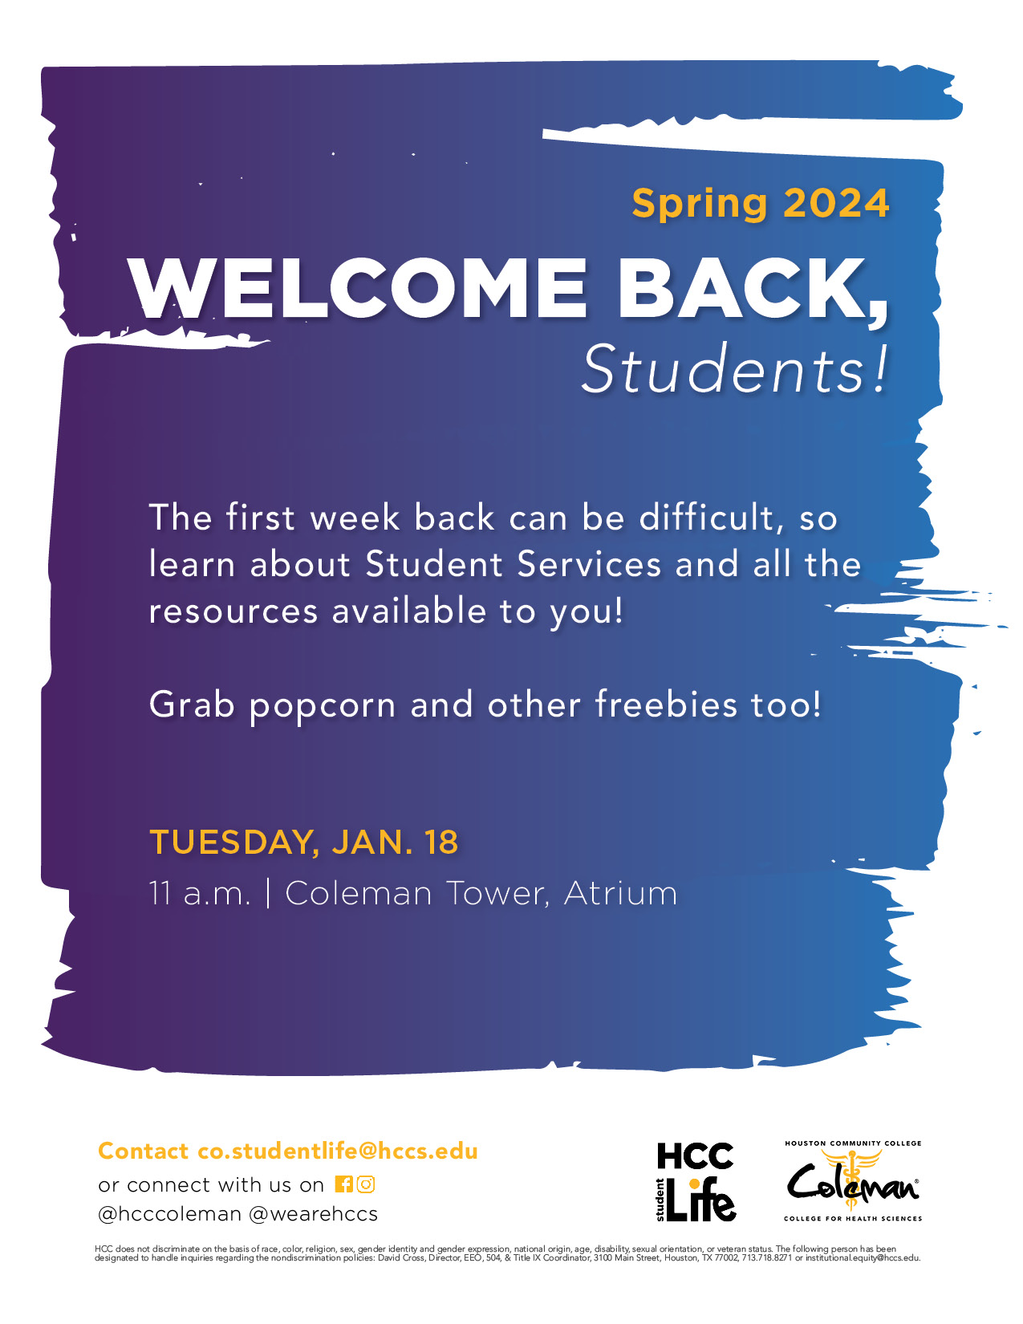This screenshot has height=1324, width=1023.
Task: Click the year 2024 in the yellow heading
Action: point(836,203)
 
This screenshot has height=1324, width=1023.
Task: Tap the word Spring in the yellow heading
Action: point(700,205)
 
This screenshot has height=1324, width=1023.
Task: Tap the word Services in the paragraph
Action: point(589,564)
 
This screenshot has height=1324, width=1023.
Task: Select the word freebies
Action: point(666,705)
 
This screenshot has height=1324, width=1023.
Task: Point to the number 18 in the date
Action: point(441,842)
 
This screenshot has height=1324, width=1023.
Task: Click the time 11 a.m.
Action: point(200,894)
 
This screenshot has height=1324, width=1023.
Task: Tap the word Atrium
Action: point(620,893)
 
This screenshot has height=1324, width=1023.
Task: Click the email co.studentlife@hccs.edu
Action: point(338,1151)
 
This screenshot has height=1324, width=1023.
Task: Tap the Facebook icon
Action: point(343,1184)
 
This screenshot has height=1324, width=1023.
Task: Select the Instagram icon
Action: point(366,1184)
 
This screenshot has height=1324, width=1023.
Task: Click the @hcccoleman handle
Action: point(170,1214)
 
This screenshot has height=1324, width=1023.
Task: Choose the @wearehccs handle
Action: point(313,1214)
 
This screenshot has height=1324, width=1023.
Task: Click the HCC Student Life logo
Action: point(695,1184)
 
